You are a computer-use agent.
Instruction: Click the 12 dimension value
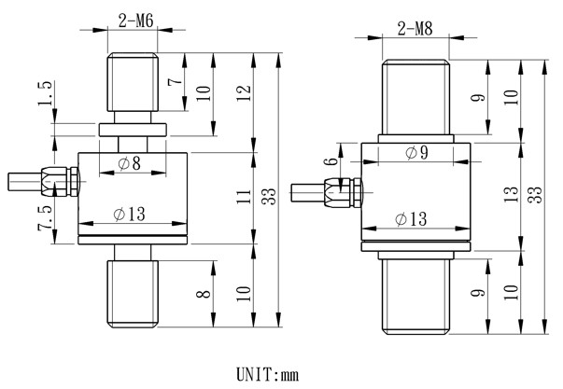tap(245, 93)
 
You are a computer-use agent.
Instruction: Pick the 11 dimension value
tap(245, 197)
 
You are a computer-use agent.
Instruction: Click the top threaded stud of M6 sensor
tap(134, 89)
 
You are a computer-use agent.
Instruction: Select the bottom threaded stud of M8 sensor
tap(417, 298)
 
